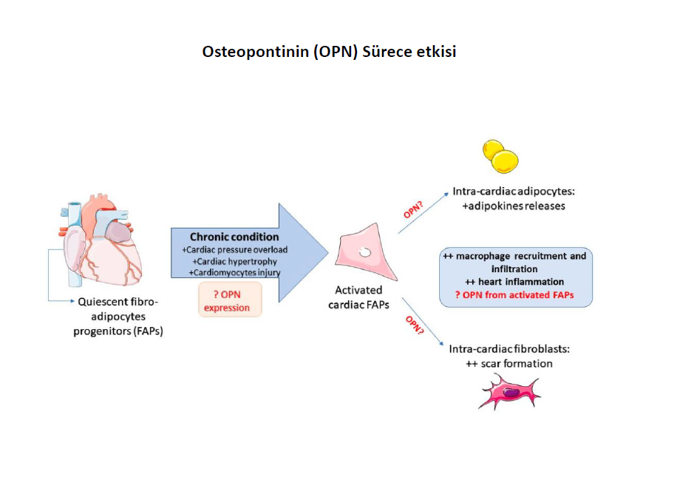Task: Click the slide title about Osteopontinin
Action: pyautogui.click(x=329, y=52)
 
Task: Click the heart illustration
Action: pyautogui.click(x=101, y=240)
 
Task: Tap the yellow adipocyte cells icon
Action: pyautogui.click(x=500, y=156)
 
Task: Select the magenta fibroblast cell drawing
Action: pyautogui.click(x=510, y=391)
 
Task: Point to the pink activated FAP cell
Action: pyautogui.click(x=365, y=252)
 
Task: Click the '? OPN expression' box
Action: pyautogui.click(x=230, y=300)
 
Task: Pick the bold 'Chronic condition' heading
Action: pyautogui.click(x=234, y=237)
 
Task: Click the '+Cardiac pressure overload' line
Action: pyautogui.click(x=235, y=250)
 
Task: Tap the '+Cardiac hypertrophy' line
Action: pyautogui.click(x=235, y=261)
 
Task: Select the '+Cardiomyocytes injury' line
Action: pyautogui.click(x=235, y=272)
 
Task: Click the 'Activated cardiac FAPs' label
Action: pyautogui.click(x=358, y=297)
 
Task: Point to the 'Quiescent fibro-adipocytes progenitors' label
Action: pyautogui.click(x=118, y=317)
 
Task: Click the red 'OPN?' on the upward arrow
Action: pyautogui.click(x=413, y=209)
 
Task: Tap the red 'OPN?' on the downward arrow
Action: pyautogui.click(x=415, y=325)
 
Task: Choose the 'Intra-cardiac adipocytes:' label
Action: pyautogui.click(x=514, y=192)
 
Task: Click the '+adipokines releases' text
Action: pyautogui.click(x=514, y=206)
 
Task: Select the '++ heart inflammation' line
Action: pyautogui.click(x=514, y=282)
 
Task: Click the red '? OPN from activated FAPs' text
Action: pyautogui.click(x=514, y=294)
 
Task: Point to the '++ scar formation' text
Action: pyautogui.click(x=509, y=364)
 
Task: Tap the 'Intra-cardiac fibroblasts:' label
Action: pyautogui.click(x=509, y=349)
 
